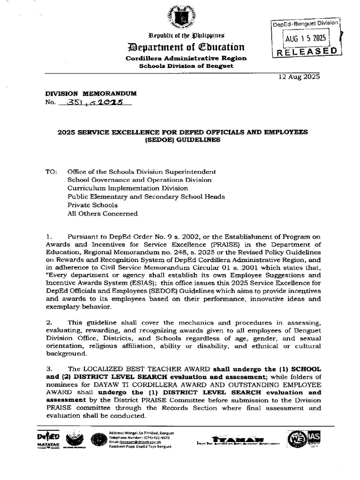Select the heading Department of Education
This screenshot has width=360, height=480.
pyautogui.click(x=183, y=47)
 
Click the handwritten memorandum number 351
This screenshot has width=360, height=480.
pyautogui.click(x=73, y=102)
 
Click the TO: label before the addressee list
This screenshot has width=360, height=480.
pyautogui.click(x=51, y=172)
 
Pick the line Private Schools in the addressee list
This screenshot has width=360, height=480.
pyautogui.click(x=92, y=205)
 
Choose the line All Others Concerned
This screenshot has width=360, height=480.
pyautogui.click(x=103, y=214)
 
